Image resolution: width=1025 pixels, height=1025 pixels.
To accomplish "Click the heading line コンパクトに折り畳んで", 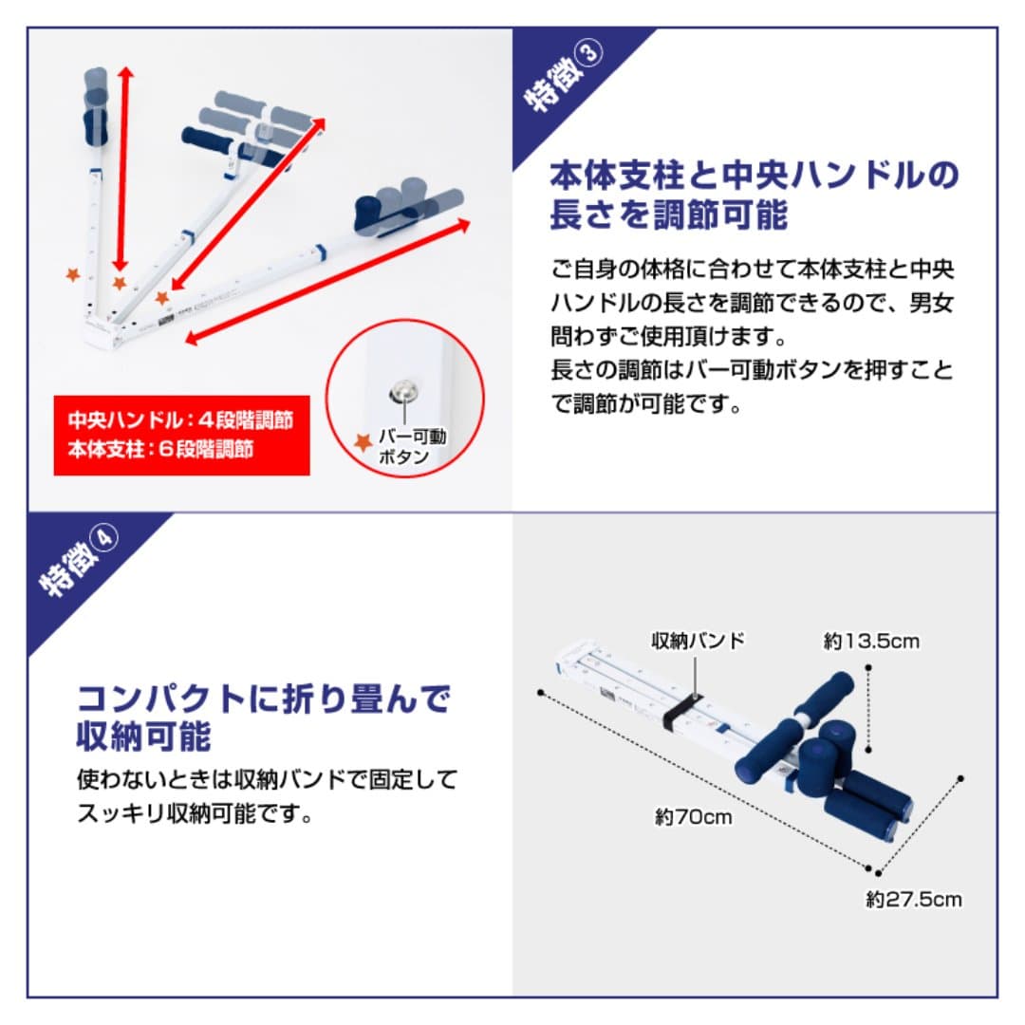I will pyautogui.click(x=263, y=699).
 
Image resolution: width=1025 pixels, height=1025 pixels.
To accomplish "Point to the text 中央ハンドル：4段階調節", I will pyautogui.click(x=179, y=420).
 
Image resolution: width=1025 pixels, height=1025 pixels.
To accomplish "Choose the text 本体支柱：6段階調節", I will pyautogui.click(x=160, y=449).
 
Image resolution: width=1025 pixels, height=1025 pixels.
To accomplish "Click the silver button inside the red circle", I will pyautogui.click(x=402, y=390).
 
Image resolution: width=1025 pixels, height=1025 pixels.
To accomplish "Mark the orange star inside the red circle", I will pyautogui.click(x=362, y=442).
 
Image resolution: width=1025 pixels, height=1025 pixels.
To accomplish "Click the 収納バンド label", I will pyautogui.click(x=698, y=641).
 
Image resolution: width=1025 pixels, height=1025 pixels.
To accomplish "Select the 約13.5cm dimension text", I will pyautogui.click(x=871, y=642).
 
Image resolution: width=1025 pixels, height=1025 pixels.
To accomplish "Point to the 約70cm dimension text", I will pyautogui.click(x=694, y=816).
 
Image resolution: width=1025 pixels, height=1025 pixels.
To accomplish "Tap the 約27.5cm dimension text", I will pyautogui.click(x=913, y=899).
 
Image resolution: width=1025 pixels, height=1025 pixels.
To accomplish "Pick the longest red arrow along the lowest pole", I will pyautogui.click(x=328, y=282).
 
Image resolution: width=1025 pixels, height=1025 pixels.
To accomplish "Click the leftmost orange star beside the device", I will pyautogui.click(x=72, y=275).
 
